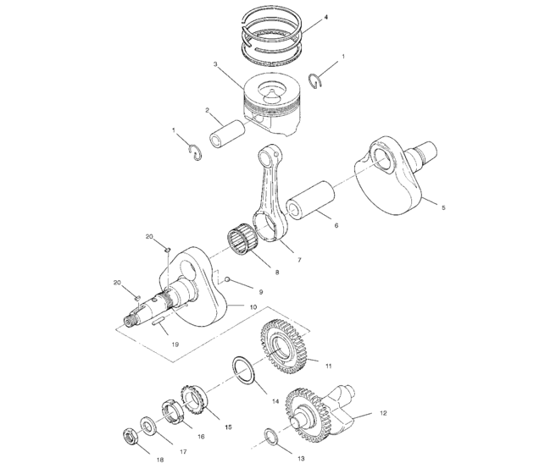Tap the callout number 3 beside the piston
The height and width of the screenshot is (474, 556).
point(216,64)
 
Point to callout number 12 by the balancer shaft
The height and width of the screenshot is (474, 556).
point(383,413)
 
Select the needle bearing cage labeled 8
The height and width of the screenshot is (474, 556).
point(244,240)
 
